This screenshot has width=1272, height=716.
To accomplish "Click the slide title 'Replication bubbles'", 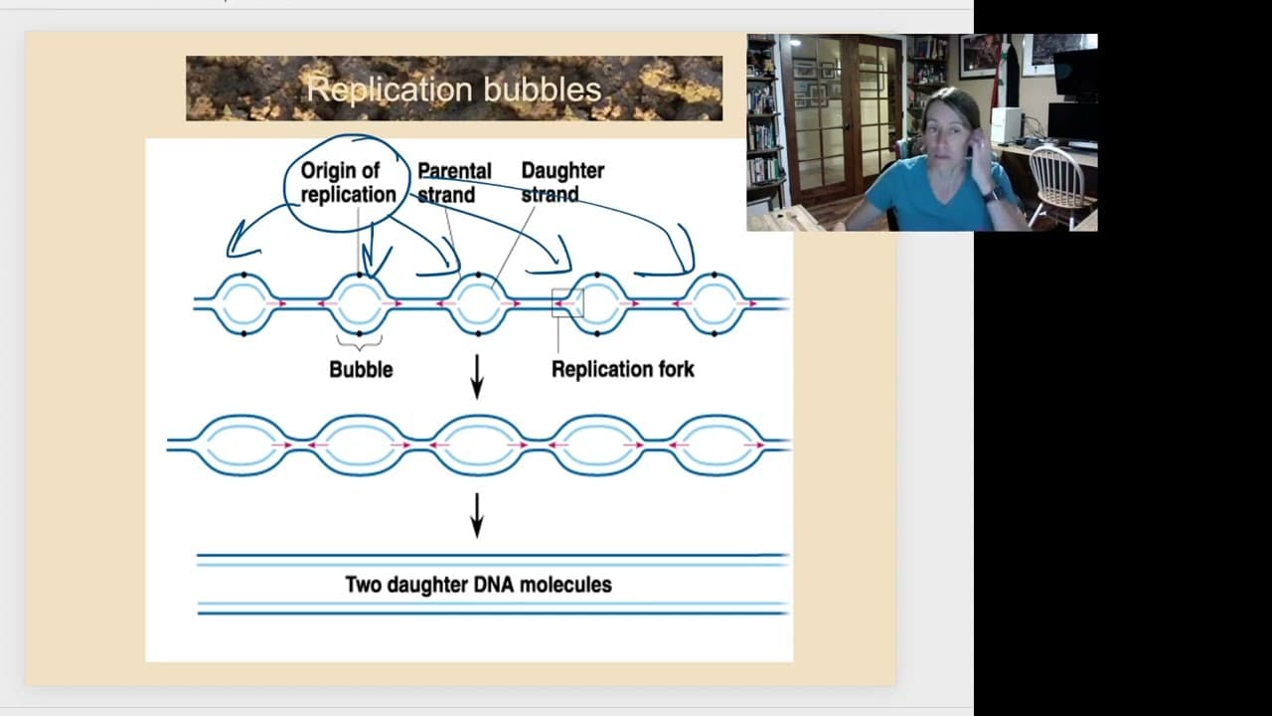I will click(453, 89).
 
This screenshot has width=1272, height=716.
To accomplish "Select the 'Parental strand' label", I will click(453, 183).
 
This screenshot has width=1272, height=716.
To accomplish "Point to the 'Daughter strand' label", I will click(561, 183).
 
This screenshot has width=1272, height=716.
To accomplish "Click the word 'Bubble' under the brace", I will click(361, 369).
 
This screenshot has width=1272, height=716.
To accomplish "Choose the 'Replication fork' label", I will click(622, 369).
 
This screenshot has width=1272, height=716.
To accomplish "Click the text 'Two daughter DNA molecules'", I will click(478, 585).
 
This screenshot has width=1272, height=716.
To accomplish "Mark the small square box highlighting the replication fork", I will click(567, 303).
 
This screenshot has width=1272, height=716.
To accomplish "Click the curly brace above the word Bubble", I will click(360, 342).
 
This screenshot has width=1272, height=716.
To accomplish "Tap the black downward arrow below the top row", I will click(476, 376).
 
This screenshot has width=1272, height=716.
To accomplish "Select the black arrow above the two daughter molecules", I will click(476, 514).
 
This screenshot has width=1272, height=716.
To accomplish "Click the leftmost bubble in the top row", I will click(243, 303).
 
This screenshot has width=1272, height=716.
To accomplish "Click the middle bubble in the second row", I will click(478, 446).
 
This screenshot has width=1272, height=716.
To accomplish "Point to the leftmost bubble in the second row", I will click(242, 446).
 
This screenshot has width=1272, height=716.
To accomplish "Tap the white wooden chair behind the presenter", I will click(1056, 184).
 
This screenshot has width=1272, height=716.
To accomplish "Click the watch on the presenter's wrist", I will click(992, 193).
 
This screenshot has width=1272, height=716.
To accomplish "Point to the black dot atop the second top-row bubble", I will click(360, 273).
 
